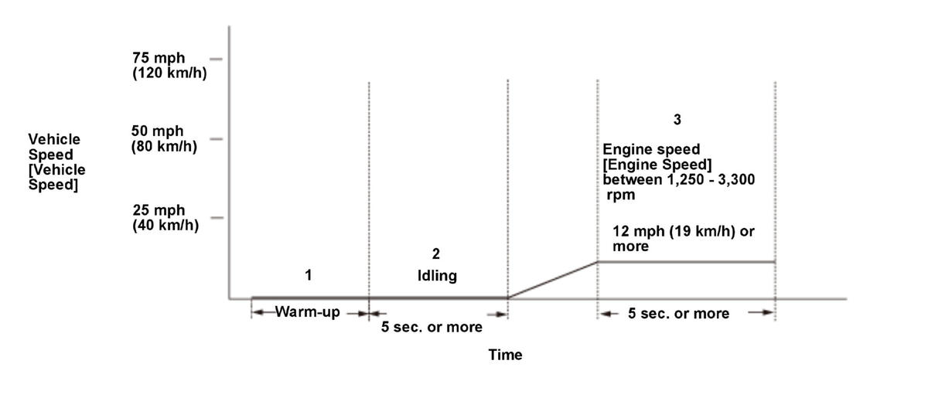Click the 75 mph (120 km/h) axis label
[x=169, y=66]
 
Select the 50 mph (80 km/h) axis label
[x=164, y=138]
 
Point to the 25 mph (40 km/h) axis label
[x=165, y=218]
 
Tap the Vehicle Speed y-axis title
[x=56, y=162]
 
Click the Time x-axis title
[x=505, y=355]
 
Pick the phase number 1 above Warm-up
[x=309, y=275]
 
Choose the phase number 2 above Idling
[x=436, y=253]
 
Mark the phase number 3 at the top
[x=677, y=120]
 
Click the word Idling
[x=437, y=276]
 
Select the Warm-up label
[x=308, y=313]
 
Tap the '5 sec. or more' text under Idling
[x=432, y=327]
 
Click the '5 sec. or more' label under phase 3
[x=678, y=314]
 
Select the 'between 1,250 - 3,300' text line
[x=679, y=179]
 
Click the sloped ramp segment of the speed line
[x=552, y=280]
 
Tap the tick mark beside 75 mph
[x=216, y=59]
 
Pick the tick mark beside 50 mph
[x=216, y=139]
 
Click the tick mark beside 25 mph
[x=217, y=218]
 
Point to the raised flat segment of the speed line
[x=686, y=262]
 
